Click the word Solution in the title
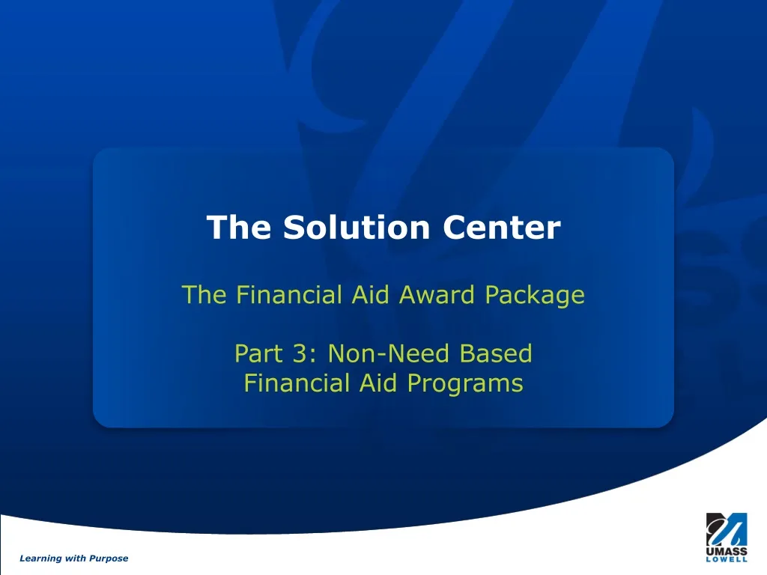pos(358,228)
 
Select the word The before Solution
pos(239,228)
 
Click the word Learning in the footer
pos(41,559)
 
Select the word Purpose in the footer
pos(109,559)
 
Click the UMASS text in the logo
pos(726,551)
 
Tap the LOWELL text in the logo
pos(726,559)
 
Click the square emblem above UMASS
pos(726,529)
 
